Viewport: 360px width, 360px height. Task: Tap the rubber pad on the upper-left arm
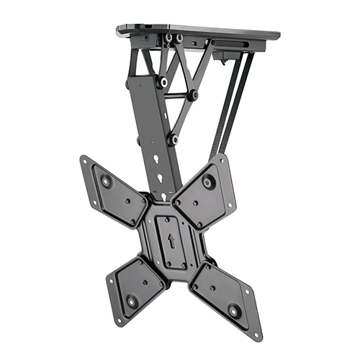[x=107, y=181]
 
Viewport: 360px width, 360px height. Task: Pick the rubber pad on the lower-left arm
[x=132, y=301]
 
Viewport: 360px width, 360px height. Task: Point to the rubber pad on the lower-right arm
[x=235, y=312]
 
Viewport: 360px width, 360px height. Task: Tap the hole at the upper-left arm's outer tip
[x=86, y=162]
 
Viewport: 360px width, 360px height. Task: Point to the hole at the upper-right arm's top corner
[x=221, y=158]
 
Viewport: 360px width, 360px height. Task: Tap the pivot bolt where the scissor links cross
[x=193, y=94]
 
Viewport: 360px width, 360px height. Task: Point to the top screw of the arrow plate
[x=171, y=217]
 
